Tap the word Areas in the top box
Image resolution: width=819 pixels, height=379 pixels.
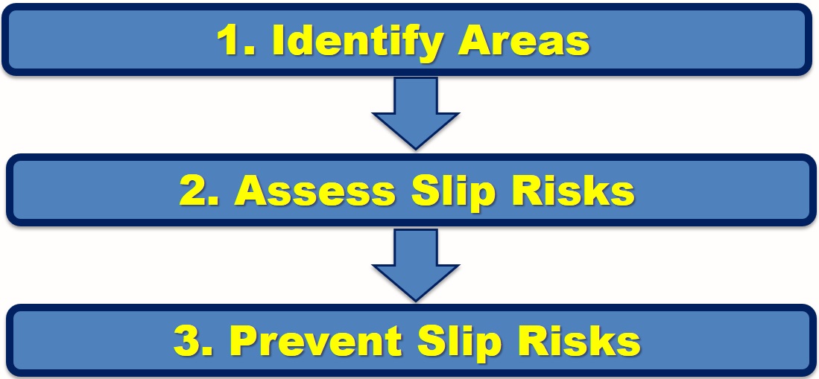point(525,42)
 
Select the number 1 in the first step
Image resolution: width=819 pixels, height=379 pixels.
point(227,42)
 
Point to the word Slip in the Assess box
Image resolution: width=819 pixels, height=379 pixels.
point(452,191)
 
